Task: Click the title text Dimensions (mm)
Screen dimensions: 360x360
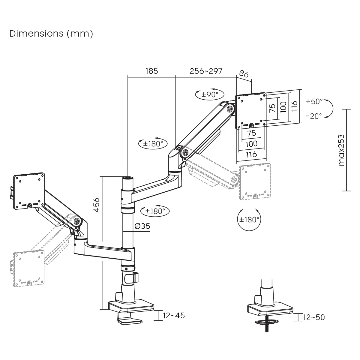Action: (x=51, y=34)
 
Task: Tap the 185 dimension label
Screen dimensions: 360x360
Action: (x=151, y=71)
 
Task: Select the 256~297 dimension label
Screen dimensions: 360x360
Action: (x=206, y=71)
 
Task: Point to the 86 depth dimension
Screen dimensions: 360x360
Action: (x=244, y=74)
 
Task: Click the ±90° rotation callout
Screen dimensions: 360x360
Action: (x=209, y=94)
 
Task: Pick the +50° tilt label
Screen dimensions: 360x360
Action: (x=314, y=101)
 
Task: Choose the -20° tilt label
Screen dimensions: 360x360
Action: (x=314, y=116)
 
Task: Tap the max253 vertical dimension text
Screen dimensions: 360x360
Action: (x=341, y=150)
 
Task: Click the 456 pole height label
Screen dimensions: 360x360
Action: (x=96, y=205)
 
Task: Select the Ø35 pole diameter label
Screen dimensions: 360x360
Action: (x=142, y=226)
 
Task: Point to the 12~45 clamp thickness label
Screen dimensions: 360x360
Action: (x=174, y=316)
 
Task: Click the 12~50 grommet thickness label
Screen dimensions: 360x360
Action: (x=314, y=317)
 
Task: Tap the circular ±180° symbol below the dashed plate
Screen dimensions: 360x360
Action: (x=249, y=220)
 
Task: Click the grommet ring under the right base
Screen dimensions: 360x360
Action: (x=266, y=322)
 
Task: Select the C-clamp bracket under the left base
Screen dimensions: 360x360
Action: (x=129, y=319)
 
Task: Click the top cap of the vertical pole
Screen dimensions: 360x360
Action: (x=128, y=178)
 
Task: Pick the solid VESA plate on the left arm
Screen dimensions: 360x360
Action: (x=29, y=192)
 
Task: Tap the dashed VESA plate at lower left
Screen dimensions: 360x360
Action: (x=29, y=268)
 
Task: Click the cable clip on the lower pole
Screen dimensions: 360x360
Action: (x=136, y=277)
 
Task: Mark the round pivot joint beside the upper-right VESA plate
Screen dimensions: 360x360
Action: (x=230, y=109)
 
